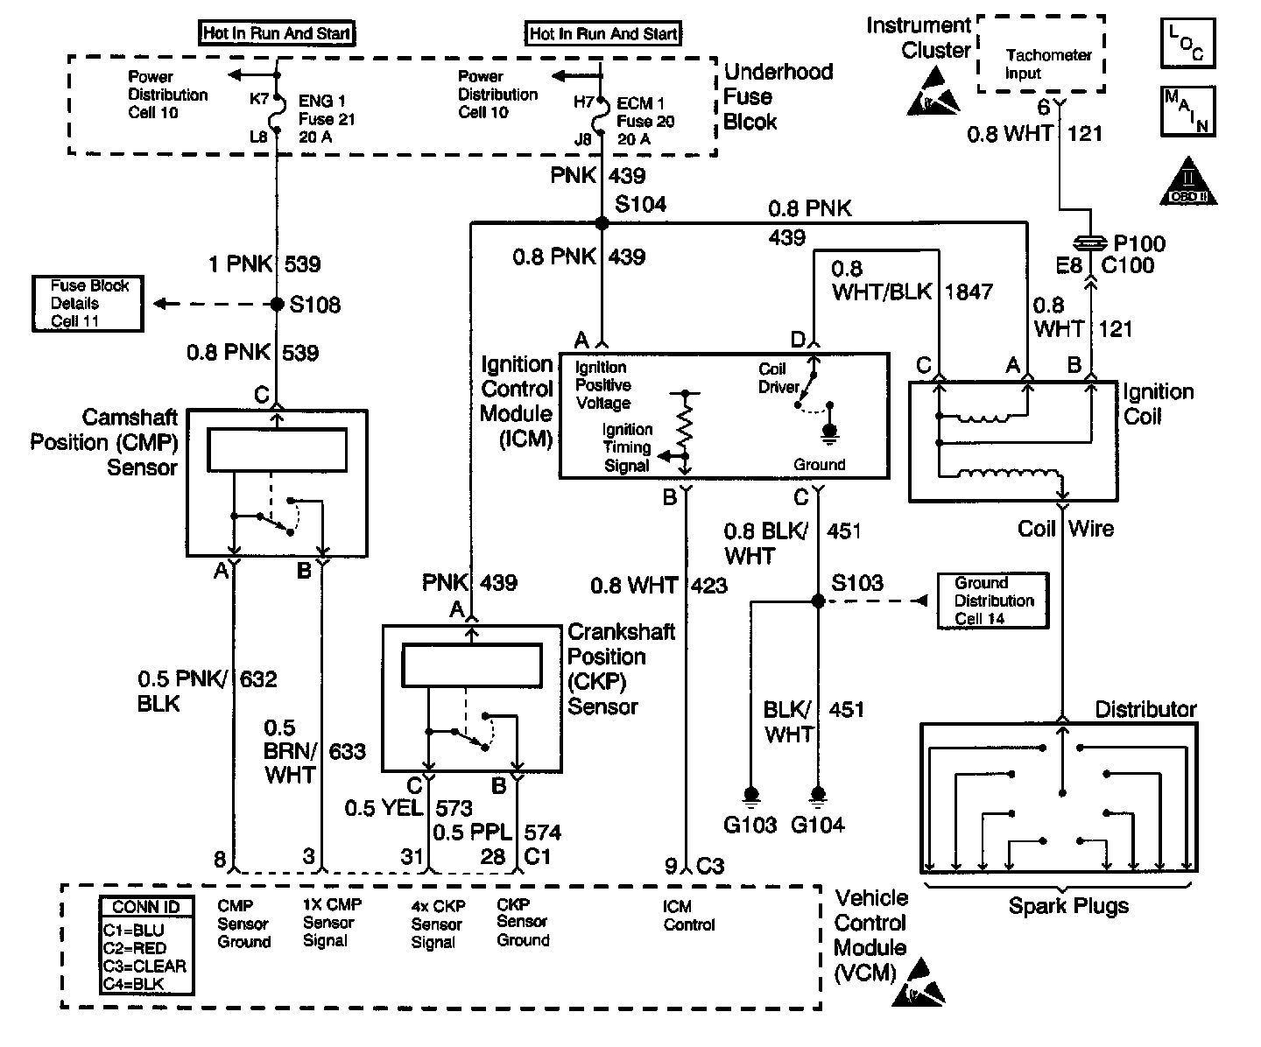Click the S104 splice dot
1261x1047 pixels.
pos(602,223)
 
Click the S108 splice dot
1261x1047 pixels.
pos(277,304)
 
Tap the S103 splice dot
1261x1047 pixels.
pos(818,601)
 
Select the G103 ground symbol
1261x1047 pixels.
pos(750,795)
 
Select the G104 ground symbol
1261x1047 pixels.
pos(818,795)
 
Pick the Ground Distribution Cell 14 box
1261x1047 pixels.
pos(993,601)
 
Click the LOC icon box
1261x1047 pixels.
pos(1187,42)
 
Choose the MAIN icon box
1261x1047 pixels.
pos(1187,111)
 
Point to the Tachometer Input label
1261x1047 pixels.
pos(1047,64)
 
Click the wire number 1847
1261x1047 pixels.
pos(969,292)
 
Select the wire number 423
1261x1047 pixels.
pos(708,585)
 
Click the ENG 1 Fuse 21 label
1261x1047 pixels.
pos(326,110)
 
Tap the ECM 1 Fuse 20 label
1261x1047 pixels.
pos(645,121)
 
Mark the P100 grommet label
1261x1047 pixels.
pos(1139,243)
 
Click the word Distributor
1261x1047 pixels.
pos(1145,709)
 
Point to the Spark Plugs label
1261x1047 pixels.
pos(1068,906)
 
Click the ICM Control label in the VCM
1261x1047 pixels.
pos(689,916)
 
